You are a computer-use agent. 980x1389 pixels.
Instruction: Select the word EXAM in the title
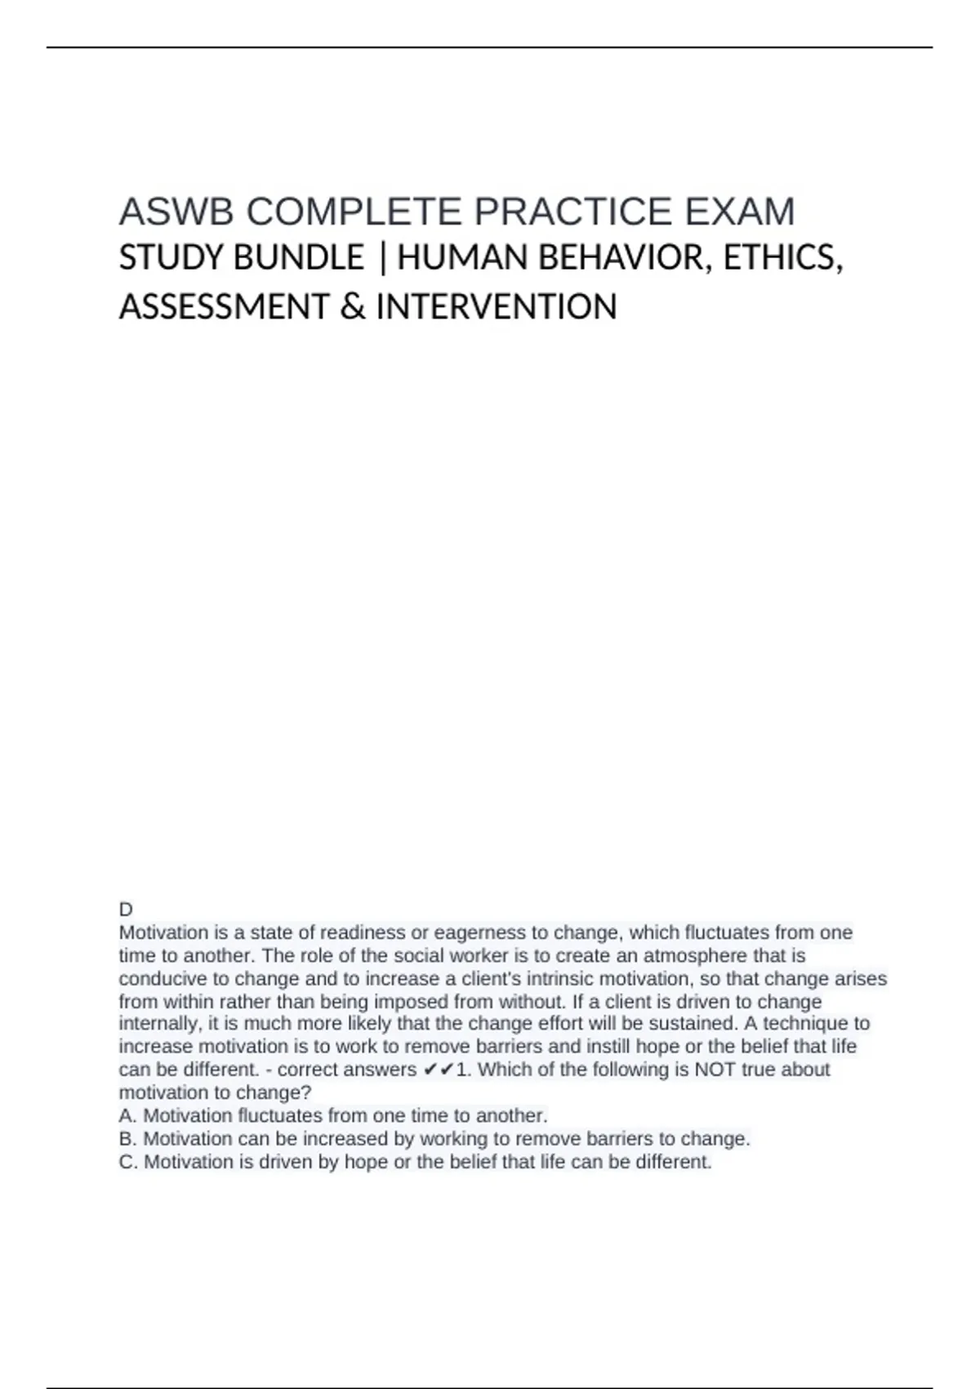[739, 212]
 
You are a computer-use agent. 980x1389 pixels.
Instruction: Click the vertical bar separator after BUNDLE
[381, 259]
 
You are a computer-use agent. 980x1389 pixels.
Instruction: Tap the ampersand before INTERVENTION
[352, 307]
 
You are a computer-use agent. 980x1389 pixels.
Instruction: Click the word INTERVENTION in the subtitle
[497, 307]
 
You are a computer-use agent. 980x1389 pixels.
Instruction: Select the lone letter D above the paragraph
[126, 909]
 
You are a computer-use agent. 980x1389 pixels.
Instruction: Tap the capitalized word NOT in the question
[714, 1070]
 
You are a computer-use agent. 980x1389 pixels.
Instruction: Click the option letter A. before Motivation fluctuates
[128, 1115]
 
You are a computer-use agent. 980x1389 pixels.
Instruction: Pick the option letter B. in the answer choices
[128, 1138]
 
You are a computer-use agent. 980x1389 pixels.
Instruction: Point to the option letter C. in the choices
[128, 1161]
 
